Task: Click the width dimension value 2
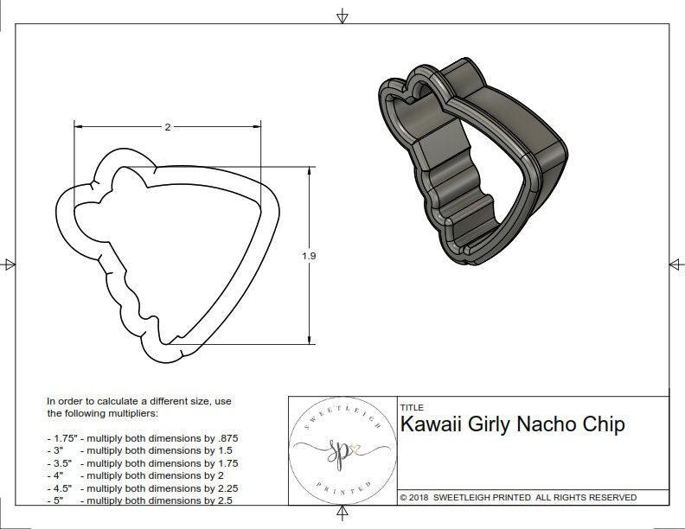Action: click(x=167, y=127)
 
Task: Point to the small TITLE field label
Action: click(x=411, y=407)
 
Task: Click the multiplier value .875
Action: click(x=227, y=438)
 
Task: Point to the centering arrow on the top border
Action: click(x=342, y=16)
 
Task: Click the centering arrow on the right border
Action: click(x=674, y=264)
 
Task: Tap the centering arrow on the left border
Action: click(x=10, y=264)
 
